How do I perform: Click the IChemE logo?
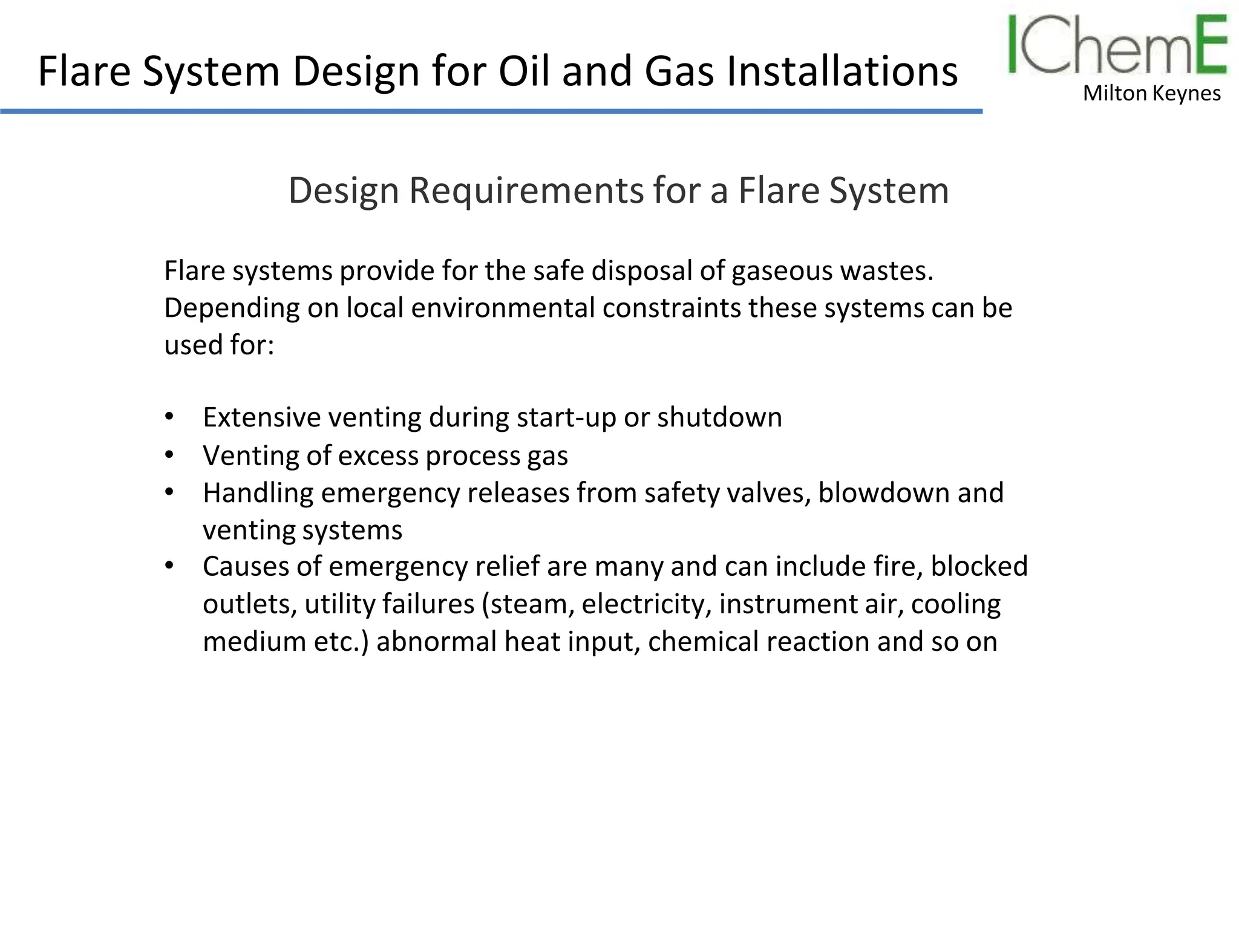point(1117,46)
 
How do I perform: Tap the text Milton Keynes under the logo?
point(1151,94)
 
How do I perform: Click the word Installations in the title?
point(842,71)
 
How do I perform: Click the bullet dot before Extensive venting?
point(169,417)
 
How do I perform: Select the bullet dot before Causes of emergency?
point(169,566)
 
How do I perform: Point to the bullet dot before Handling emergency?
point(169,492)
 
